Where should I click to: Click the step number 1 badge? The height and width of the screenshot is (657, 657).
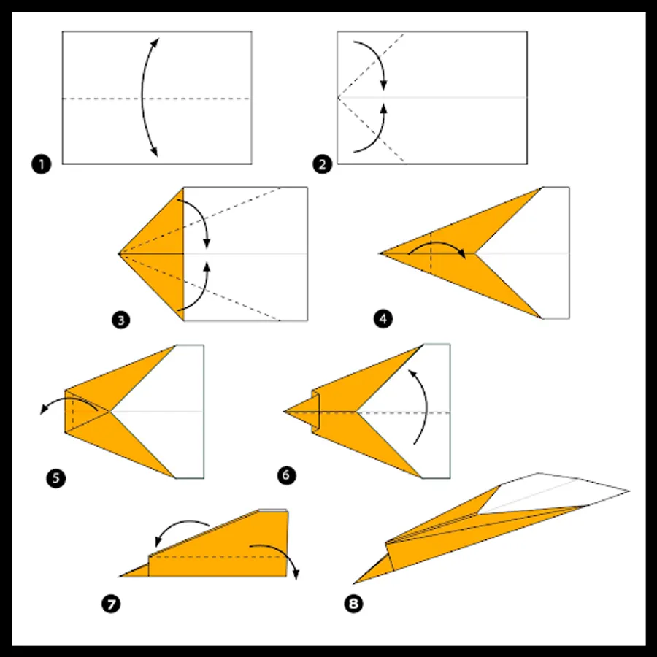pyautogui.click(x=41, y=164)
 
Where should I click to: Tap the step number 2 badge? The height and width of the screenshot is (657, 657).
pyautogui.click(x=322, y=164)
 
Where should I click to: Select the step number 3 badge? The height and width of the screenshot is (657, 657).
pyautogui.click(x=120, y=320)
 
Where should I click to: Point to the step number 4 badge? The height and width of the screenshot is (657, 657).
pyautogui.click(x=383, y=319)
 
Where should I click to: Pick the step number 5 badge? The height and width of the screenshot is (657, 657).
pyautogui.click(x=56, y=478)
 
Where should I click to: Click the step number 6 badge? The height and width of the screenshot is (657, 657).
pyautogui.click(x=286, y=475)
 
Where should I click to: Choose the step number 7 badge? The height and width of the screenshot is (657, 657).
pyautogui.click(x=111, y=604)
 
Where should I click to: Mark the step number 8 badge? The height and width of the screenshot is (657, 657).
pyautogui.click(x=353, y=604)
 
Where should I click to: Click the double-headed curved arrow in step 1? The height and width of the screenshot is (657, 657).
pyautogui.click(x=142, y=97)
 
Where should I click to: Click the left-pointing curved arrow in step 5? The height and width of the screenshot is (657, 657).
pyautogui.click(x=67, y=399)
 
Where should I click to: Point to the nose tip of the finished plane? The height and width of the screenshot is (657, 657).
pyautogui.click(x=354, y=583)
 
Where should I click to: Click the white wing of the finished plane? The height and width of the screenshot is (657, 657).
pyautogui.click(x=553, y=491)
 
